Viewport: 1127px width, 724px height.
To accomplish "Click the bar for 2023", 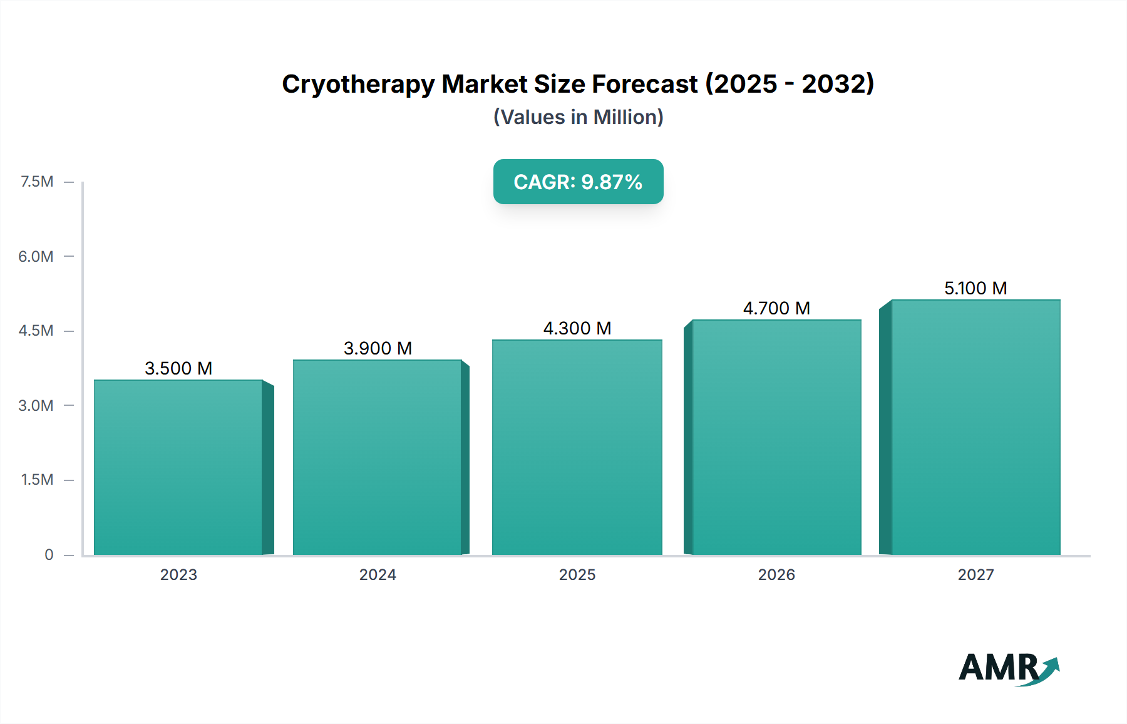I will coord(178,467).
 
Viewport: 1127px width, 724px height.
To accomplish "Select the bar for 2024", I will coord(378,457).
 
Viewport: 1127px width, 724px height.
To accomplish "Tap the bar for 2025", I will coord(577,447).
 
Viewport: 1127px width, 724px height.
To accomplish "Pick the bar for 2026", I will coord(776,437).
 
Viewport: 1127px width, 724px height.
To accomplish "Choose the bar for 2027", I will coord(975,427).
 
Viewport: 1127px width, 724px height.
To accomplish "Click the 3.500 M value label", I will coord(178,368).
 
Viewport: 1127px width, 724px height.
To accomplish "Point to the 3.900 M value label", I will coord(378,348).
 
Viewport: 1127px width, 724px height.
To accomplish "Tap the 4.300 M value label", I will coord(577,328).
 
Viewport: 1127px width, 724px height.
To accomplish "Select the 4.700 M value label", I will coord(776,308).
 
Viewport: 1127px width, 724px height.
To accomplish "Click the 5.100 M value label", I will coord(975,288).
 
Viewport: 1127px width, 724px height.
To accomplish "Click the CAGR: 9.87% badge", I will coord(578,182).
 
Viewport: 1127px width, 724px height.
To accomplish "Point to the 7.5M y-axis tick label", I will coord(37,182).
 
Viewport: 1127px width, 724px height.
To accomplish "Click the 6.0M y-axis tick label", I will coord(36,256).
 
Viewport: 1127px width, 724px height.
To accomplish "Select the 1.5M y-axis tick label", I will coord(37,480).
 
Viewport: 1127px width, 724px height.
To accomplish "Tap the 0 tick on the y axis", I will coord(49,554).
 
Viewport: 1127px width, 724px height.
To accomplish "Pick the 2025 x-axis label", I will coord(577,574).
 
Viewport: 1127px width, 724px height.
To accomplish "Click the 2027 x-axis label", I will coord(975,574).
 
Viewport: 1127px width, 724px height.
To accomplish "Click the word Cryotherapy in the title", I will coord(358,85).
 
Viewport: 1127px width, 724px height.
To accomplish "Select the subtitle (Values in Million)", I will coord(578,117).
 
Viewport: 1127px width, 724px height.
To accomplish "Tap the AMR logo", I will coord(1008,668).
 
